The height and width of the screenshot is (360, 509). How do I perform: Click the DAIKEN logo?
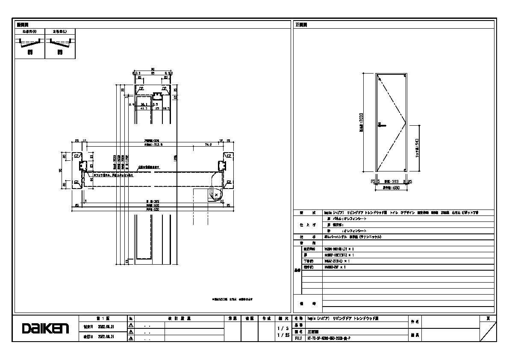(x=45, y=329)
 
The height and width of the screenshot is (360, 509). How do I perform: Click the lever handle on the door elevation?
(x=382, y=125)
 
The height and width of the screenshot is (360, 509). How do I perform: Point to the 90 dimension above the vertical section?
(x=153, y=69)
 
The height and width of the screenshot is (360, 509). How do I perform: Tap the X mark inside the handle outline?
(x=216, y=195)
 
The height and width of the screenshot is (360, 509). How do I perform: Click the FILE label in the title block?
(x=298, y=338)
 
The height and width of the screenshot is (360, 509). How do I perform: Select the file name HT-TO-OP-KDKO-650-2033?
(x=329, y=338)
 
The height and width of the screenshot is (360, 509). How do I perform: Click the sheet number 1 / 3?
(x=282, y=328)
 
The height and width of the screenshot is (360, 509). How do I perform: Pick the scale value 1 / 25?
(x=282, y=336)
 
